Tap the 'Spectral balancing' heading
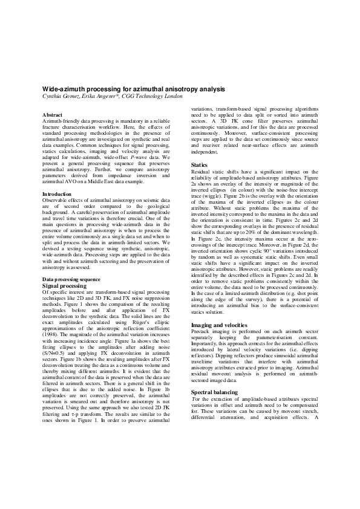(x=214, y=393)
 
